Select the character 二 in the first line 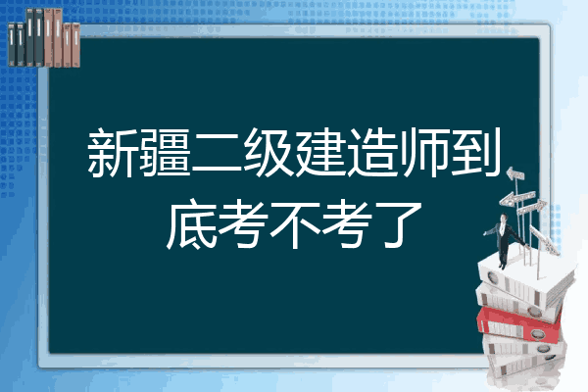click(218, 154)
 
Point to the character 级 click(269, 152)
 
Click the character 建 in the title click(321, 152)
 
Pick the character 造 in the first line click(373, 152)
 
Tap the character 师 click(425, 152)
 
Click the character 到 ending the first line click(476, 152)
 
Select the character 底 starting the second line click(191, 223)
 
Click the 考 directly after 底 click(243, 223)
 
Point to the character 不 click(295, 224)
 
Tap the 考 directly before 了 click(347, 223)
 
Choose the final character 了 click(399, 224)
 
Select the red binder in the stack click(519, 324)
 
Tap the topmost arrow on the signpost click(515, 174)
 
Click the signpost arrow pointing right click(531, 208)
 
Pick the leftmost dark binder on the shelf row click(12, 44)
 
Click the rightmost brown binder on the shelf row click(75, 45)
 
